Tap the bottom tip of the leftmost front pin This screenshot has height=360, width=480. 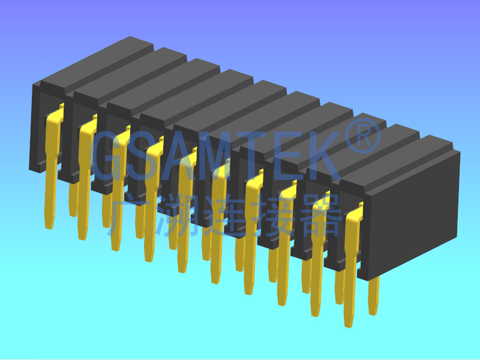[x=49, y=225]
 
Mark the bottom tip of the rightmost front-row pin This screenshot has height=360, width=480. [x=349, y=323]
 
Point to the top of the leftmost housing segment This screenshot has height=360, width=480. [x=90, y=60]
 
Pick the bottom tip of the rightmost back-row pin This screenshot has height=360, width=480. [x=373, y=311]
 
